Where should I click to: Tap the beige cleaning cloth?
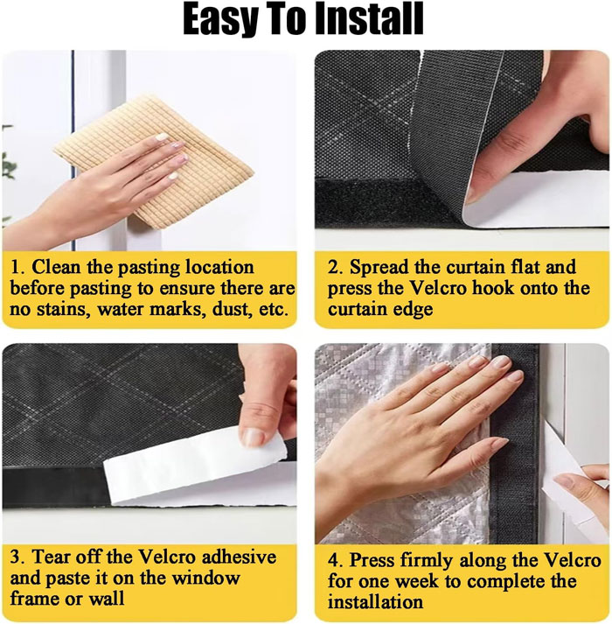point(154,160)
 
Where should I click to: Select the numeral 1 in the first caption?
point(15,267)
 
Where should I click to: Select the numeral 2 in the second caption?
point(333,267)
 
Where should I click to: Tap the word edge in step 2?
point(414,310)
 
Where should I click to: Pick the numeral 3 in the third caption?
point(15,557)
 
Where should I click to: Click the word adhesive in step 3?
point(239,557)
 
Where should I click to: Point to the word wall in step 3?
point(106,598)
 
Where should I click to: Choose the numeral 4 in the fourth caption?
point(333,560)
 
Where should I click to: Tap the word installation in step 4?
point(375,602)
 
